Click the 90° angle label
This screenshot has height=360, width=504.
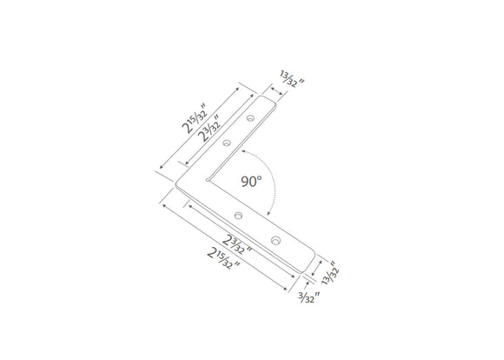[x=254, y=181]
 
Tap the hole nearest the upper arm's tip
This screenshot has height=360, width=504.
[x=250, y=117]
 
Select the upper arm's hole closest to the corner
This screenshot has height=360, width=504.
[x=226, y=141]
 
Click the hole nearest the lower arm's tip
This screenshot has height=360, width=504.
[x=275, y=240]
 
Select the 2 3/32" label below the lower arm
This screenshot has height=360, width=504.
[x=236, y=243]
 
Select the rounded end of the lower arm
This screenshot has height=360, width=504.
[x=309, y=262]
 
